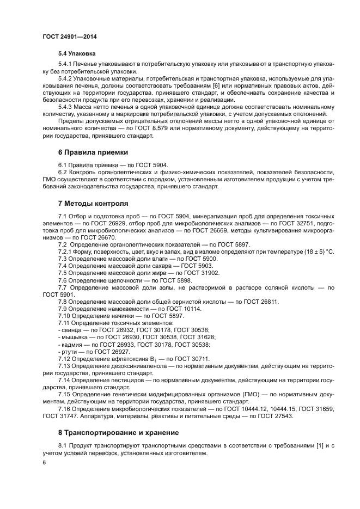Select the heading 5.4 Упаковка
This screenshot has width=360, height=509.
click(77, 54)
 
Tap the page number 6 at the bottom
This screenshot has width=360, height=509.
click(45, 462)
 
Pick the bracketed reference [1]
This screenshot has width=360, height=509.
click(321, 446)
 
